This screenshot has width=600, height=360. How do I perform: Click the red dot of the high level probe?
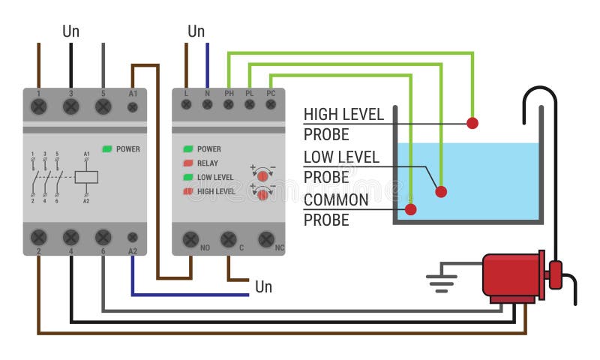point(472,123)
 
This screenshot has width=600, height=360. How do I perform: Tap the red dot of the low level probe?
point(441,191)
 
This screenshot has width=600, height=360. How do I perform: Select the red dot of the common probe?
point(410,208)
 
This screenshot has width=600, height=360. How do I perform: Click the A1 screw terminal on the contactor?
point(133,107)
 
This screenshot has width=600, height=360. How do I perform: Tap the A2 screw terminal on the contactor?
point(133,237)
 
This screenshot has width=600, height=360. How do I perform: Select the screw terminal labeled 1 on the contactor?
point(39,106)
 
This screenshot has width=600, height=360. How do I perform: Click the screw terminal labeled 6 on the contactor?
point(103,238)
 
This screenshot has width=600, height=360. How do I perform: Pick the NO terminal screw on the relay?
point(190,238)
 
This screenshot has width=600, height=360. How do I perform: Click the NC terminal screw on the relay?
point(265,238)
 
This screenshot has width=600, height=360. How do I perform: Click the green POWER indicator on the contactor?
point(107,148)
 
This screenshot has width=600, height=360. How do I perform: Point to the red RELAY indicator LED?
point(188,163)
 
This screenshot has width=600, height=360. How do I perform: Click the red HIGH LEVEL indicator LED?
point(188,191)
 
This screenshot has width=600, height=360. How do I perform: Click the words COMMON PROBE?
point(336,210)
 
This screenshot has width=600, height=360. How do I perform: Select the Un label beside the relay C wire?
point(263,287)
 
